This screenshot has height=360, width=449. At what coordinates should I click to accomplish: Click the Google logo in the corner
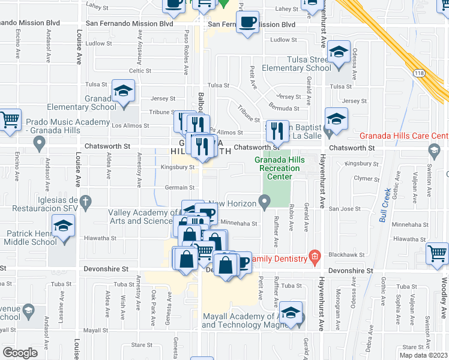pyautogui.click(x=20, y=353)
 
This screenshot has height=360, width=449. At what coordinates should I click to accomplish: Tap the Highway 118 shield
pyautogui.click(x=418, y=73)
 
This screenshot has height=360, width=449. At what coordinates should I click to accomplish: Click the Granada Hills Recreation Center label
pyautogui.click(x=279, y=169)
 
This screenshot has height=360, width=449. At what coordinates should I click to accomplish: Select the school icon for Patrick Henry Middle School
pyautogui.click(x=62, y=227)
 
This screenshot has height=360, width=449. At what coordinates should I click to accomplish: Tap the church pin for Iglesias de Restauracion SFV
pyautogui.click(x=86, y=200)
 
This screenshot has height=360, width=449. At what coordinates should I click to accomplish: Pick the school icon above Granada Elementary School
pyautogui.click(x=124, y=91)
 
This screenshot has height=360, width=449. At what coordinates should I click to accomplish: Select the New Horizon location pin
pyautogui.click(x=264, y=203)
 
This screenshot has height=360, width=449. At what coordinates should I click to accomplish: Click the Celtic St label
pyautogui.click(x=140, y=70)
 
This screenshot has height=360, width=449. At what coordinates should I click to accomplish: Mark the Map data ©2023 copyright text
pyautogui.click(x=424, y=355)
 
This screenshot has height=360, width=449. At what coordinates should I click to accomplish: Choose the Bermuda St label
pyautogui.click(x=284, y=109)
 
